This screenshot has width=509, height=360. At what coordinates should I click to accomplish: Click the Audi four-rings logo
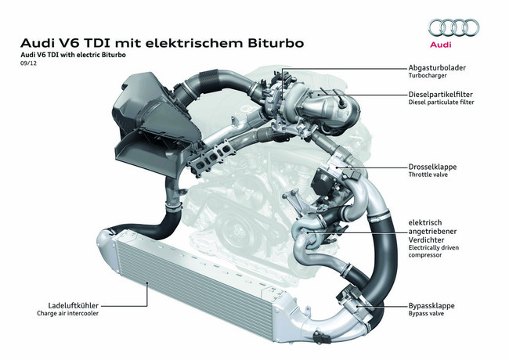(x=454, y=28)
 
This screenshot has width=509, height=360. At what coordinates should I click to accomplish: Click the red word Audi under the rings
(x=441, y=45)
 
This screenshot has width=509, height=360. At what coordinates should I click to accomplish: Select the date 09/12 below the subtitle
(x=28, y=63)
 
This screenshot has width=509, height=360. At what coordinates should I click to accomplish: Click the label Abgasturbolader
(x=437, y=68)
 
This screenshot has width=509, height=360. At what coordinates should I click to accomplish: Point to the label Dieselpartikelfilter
(x=441, y=95)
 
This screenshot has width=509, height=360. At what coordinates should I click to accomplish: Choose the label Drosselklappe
(x=432, y=167)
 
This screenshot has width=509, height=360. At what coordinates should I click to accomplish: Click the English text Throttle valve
(x=428, y=175)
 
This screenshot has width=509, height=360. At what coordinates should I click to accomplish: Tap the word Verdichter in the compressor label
(x=426, y=240)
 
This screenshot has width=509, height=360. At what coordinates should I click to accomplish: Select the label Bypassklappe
(x=431, y=306)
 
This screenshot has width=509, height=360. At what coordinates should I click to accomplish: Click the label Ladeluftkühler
(x=74, y=305)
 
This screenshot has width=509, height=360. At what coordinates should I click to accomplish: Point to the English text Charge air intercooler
(x=67, y=313)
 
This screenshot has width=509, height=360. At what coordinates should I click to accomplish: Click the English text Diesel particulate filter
(x=441, y=103)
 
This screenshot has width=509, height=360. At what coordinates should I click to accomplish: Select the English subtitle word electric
(x=88, y=55)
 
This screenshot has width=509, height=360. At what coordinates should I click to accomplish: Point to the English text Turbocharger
(x=428, y=75)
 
